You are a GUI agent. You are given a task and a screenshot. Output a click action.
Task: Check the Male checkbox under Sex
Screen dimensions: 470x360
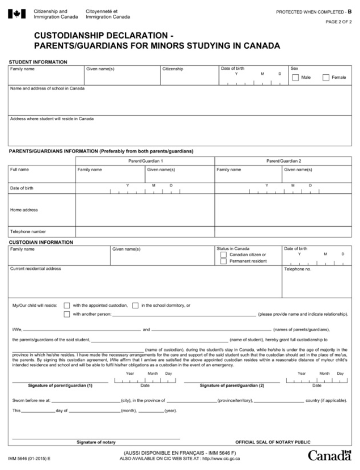point(295,77)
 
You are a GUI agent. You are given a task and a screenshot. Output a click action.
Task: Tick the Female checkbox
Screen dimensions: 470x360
point(326,77)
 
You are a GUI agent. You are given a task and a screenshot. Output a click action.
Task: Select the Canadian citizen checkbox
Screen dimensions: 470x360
point(223,255)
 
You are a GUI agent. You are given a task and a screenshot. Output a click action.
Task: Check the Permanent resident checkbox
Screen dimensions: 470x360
point(223,261)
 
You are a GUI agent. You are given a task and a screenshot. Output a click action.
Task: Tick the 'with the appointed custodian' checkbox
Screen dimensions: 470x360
point(67,305)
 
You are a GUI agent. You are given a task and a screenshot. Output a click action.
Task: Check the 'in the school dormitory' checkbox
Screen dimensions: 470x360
point(135,305)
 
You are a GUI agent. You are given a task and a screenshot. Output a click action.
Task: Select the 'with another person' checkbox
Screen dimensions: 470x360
point(67,314)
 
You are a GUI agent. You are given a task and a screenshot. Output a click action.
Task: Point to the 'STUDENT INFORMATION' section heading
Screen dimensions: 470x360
point(37,62)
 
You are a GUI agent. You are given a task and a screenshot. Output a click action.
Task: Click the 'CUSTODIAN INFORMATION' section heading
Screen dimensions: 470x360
point(40,242)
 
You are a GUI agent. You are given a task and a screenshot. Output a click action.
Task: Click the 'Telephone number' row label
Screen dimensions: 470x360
point(28,231)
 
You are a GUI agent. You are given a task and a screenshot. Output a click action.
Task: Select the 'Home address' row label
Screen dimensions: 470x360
point(24,210)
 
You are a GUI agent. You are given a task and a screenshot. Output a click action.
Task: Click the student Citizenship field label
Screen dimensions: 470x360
point(173,69)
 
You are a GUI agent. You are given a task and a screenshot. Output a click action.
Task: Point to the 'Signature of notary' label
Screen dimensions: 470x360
point(96,442)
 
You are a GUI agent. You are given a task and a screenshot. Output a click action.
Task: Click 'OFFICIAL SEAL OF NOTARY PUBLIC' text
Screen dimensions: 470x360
point(273,442)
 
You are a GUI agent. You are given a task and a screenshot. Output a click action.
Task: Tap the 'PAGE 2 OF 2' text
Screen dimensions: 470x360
point(338,22)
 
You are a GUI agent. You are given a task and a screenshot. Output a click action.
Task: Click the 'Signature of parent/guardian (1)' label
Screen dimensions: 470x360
point(60,385)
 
